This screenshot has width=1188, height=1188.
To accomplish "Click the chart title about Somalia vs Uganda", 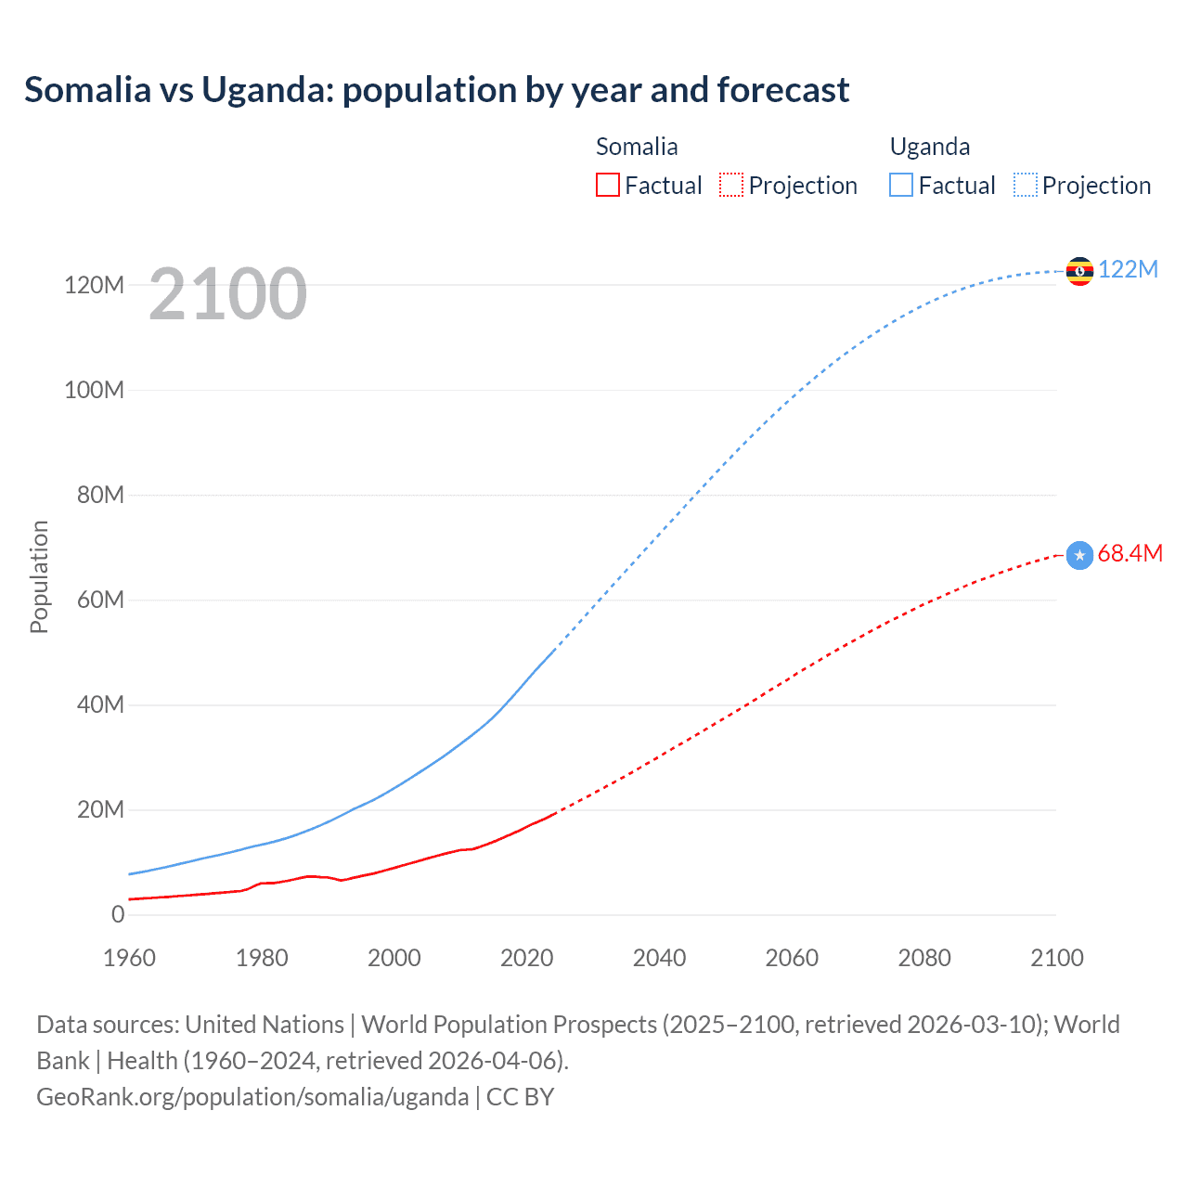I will pos(436,90).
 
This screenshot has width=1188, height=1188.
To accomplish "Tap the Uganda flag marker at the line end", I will pos(1079,271).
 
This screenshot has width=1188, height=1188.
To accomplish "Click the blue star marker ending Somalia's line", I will pos(1079,555).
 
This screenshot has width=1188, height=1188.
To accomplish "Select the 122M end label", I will pos(1128,269).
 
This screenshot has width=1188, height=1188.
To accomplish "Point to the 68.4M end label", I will pos(1130,553).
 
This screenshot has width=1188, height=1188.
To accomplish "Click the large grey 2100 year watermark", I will pos(227,294).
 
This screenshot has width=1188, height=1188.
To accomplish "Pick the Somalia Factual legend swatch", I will pos(608,186).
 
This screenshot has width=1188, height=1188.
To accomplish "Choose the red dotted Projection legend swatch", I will pos(731,186).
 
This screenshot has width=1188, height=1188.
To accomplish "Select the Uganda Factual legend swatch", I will pos(901,186).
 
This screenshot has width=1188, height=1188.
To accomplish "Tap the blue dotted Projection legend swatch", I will pos(1026,186).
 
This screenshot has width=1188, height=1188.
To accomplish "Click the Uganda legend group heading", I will pos(929,147).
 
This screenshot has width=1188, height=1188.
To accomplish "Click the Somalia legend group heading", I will pos(637,147).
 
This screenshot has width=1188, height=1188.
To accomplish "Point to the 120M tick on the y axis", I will pos(94,285).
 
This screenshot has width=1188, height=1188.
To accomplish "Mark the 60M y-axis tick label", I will pos(100,600).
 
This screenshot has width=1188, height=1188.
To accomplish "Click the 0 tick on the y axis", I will pos(118,914).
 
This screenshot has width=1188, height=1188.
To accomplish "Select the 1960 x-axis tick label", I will pos(129,958).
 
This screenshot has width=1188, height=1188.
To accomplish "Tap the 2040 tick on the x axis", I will pos(659,958).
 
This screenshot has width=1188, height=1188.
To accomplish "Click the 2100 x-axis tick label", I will pos(1056,958).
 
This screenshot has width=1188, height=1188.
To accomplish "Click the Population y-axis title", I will pos(39,576).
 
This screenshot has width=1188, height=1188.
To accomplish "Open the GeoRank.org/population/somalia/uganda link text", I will pos(252,1097).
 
